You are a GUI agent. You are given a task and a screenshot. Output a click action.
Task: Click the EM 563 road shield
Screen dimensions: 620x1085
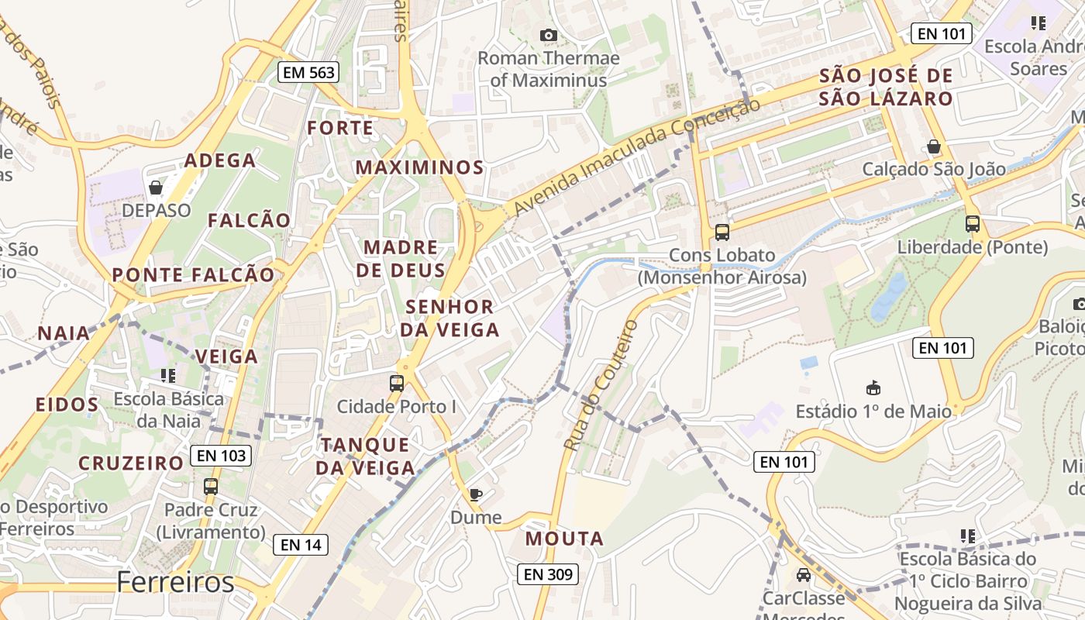tap(308, 73)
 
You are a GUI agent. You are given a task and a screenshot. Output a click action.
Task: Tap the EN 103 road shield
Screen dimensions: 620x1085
tap(221, 456)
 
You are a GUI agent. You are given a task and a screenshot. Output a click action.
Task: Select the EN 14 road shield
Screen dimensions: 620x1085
tap(301, 545)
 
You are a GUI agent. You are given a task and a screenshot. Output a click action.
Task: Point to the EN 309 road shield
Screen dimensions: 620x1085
tap(548, 574)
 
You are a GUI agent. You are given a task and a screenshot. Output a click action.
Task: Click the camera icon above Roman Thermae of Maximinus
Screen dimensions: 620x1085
tap(548, 35)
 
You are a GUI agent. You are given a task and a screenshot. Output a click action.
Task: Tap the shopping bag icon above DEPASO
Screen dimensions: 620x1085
tap(156, 188)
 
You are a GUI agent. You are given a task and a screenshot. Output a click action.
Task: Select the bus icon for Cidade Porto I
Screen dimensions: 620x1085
tap(397, 383)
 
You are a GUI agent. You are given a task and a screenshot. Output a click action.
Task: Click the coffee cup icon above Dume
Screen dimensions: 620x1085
tap(476, 494)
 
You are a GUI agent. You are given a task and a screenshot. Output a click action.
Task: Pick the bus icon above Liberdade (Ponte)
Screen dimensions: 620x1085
tap(973, 224)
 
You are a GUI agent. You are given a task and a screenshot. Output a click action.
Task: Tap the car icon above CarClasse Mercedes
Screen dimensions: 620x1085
tap(804, 575)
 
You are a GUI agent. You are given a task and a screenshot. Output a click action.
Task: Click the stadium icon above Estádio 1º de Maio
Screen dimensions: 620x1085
tap(873, 387)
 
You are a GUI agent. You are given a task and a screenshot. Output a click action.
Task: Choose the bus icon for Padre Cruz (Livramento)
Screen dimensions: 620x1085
tap(211, 487)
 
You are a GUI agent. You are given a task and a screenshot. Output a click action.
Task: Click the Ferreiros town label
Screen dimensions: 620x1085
tap(175, 582)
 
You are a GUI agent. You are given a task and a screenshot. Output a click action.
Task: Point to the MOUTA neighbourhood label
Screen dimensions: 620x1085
tap(564, 539)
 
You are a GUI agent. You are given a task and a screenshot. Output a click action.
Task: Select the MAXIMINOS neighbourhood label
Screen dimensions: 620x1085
tap(419, 167)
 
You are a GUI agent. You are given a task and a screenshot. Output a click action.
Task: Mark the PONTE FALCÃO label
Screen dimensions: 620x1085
tap(193, 275)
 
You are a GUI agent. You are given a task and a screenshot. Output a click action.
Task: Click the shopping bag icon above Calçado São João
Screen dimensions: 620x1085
tap(934, 146)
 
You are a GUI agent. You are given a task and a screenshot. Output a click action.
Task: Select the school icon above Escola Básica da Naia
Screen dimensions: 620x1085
tap(168, 376)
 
